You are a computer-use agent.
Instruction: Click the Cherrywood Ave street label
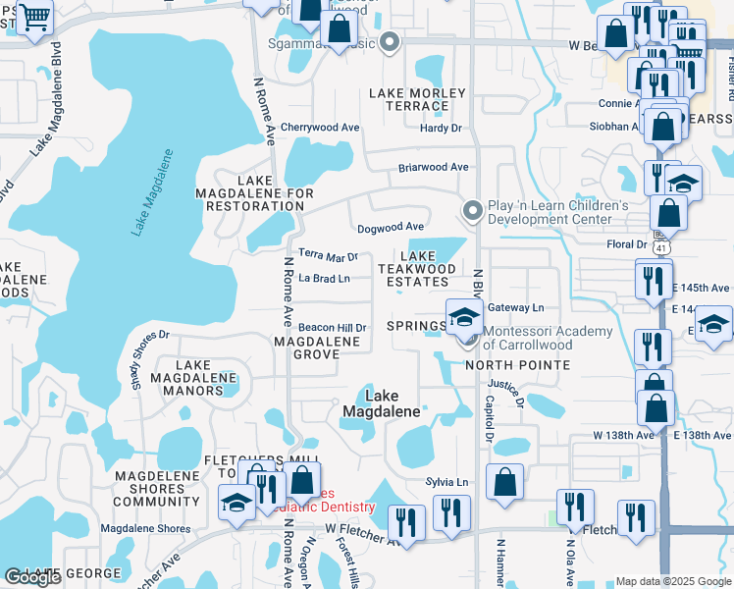pyautogui.click(x=320, y=128)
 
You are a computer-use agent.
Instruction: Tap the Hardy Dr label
pyautogui.click(x=441, y=128)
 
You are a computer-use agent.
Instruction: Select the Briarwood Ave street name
pyautogui.click(x=433, y=167)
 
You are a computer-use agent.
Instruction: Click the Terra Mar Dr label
pyautogui.click(x=328, y=256)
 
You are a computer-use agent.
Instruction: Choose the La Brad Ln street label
pyautogui.click(x=324, y=279)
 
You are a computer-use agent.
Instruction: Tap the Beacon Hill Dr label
pyautogui.click(x=332, y=328)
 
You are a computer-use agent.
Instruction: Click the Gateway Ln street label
pyautogui.click(x=514, y=307)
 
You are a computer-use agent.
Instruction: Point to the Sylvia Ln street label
pyautogui.click(x=446, y=482)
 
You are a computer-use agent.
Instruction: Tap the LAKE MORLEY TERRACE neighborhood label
pyautogui.click(x=408, y=99)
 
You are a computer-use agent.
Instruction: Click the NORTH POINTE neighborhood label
pyautogui.click(x=517, y=365)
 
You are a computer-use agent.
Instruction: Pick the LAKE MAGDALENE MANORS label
pyautogui.click(x=192, y=378)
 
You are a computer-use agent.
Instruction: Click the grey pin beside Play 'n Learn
pyautogui.click(x=472, y=211)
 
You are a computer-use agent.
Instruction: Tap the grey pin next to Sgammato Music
pyautogui.click(x=390, y=42)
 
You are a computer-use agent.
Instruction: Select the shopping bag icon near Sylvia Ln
pyautogui.click(x=504, y=483)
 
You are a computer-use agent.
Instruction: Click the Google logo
pyautogui.click(x=33, y=577)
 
